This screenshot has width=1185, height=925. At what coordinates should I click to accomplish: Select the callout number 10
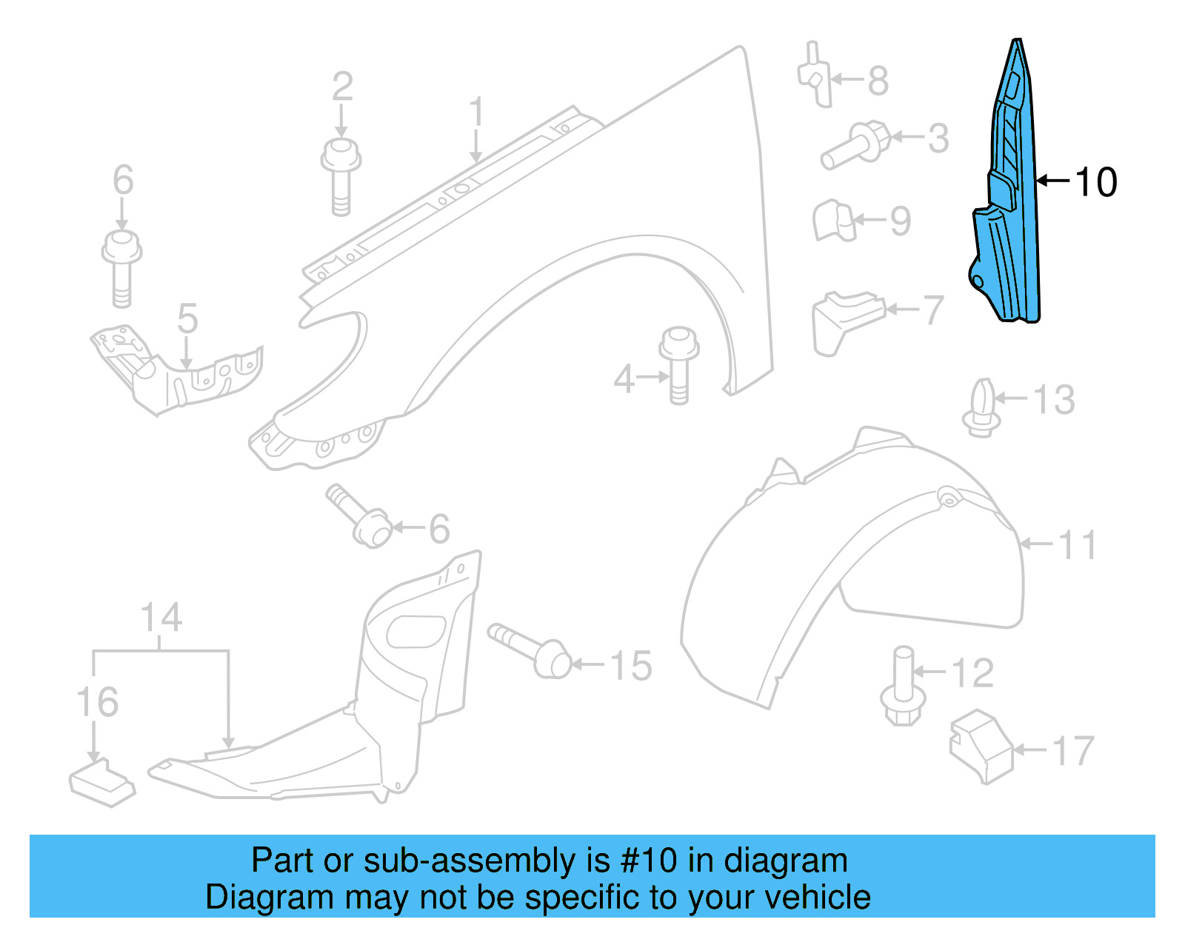point(1095,182)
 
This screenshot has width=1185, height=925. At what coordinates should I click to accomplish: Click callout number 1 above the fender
point(476,113)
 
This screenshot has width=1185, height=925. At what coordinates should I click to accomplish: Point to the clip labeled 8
point(815,76)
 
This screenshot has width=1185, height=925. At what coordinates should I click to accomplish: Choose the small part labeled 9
point(834,221)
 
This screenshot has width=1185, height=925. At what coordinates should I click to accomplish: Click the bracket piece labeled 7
point(844,320)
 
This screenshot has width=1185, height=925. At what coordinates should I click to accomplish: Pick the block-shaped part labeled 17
point(981,746)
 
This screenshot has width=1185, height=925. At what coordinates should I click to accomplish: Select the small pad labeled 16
point(101,783)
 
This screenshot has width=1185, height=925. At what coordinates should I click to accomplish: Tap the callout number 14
point(161,618)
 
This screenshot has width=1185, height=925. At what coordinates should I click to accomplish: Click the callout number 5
point(187,319)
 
